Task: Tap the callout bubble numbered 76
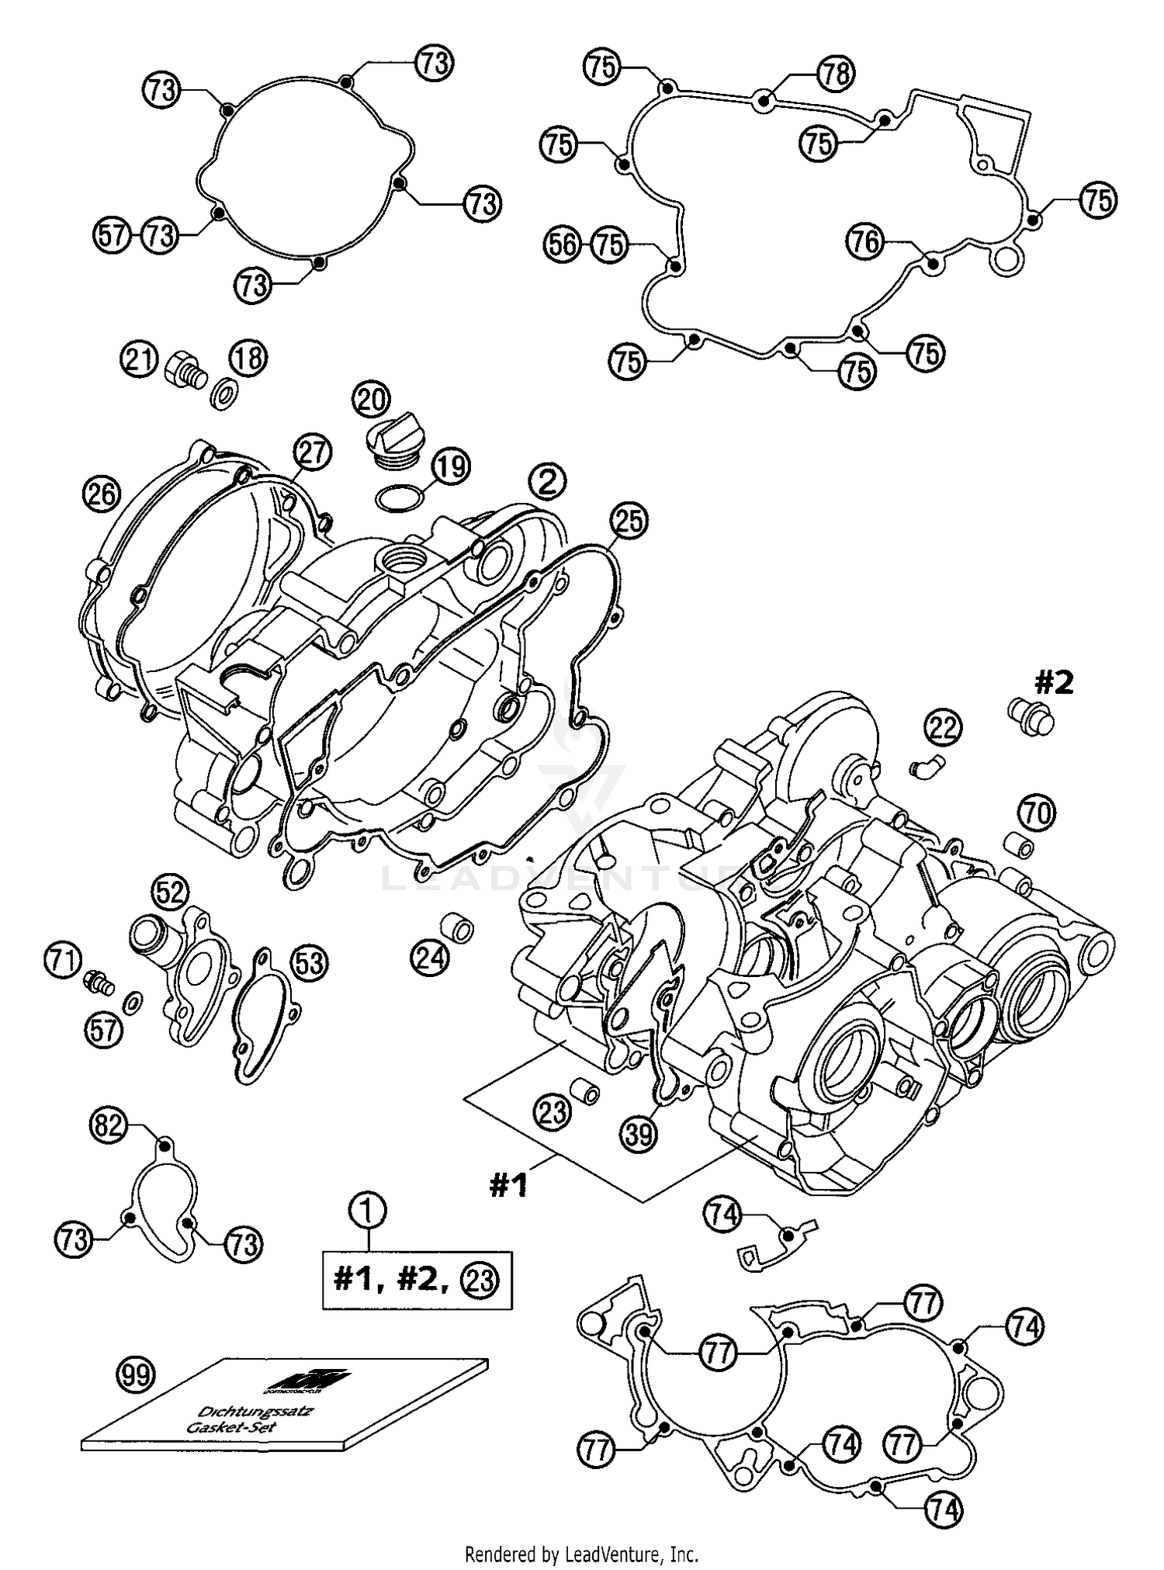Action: (864, 242)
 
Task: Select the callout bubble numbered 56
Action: (562, 245)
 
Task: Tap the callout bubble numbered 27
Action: (312, 453)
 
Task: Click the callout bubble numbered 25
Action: (629, 521)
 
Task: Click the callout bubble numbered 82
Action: (109, 1124)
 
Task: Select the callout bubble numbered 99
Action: (137, 1375)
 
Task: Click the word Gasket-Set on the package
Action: (221, 1427)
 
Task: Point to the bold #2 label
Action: (1053, 683)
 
